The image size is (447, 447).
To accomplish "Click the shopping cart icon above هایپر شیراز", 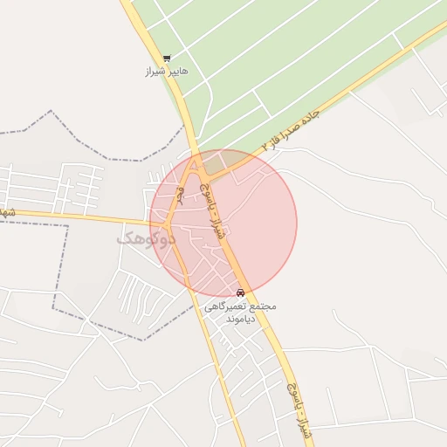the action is click(167, 58).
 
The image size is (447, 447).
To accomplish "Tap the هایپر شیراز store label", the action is click(167, 72).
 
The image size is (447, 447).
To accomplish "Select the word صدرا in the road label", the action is click(297, 126).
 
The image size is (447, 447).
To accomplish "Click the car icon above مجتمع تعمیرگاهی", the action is click(240, 292).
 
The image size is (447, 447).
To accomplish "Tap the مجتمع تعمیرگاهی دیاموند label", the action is click(240, 313).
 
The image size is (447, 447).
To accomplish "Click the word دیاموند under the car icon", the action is click(240, 320).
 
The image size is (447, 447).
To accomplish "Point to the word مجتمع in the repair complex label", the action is click(262, 306).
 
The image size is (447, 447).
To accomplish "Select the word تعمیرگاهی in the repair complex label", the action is click(226, 306).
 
